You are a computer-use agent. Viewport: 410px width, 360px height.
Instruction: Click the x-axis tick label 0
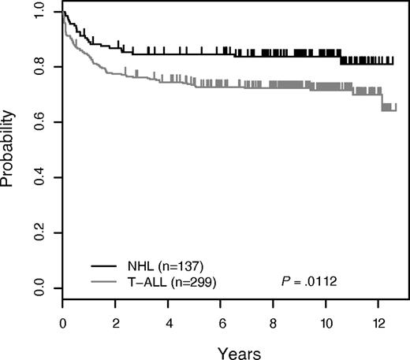[62, 323]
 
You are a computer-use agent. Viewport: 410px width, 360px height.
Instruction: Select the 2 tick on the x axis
[116, 323]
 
